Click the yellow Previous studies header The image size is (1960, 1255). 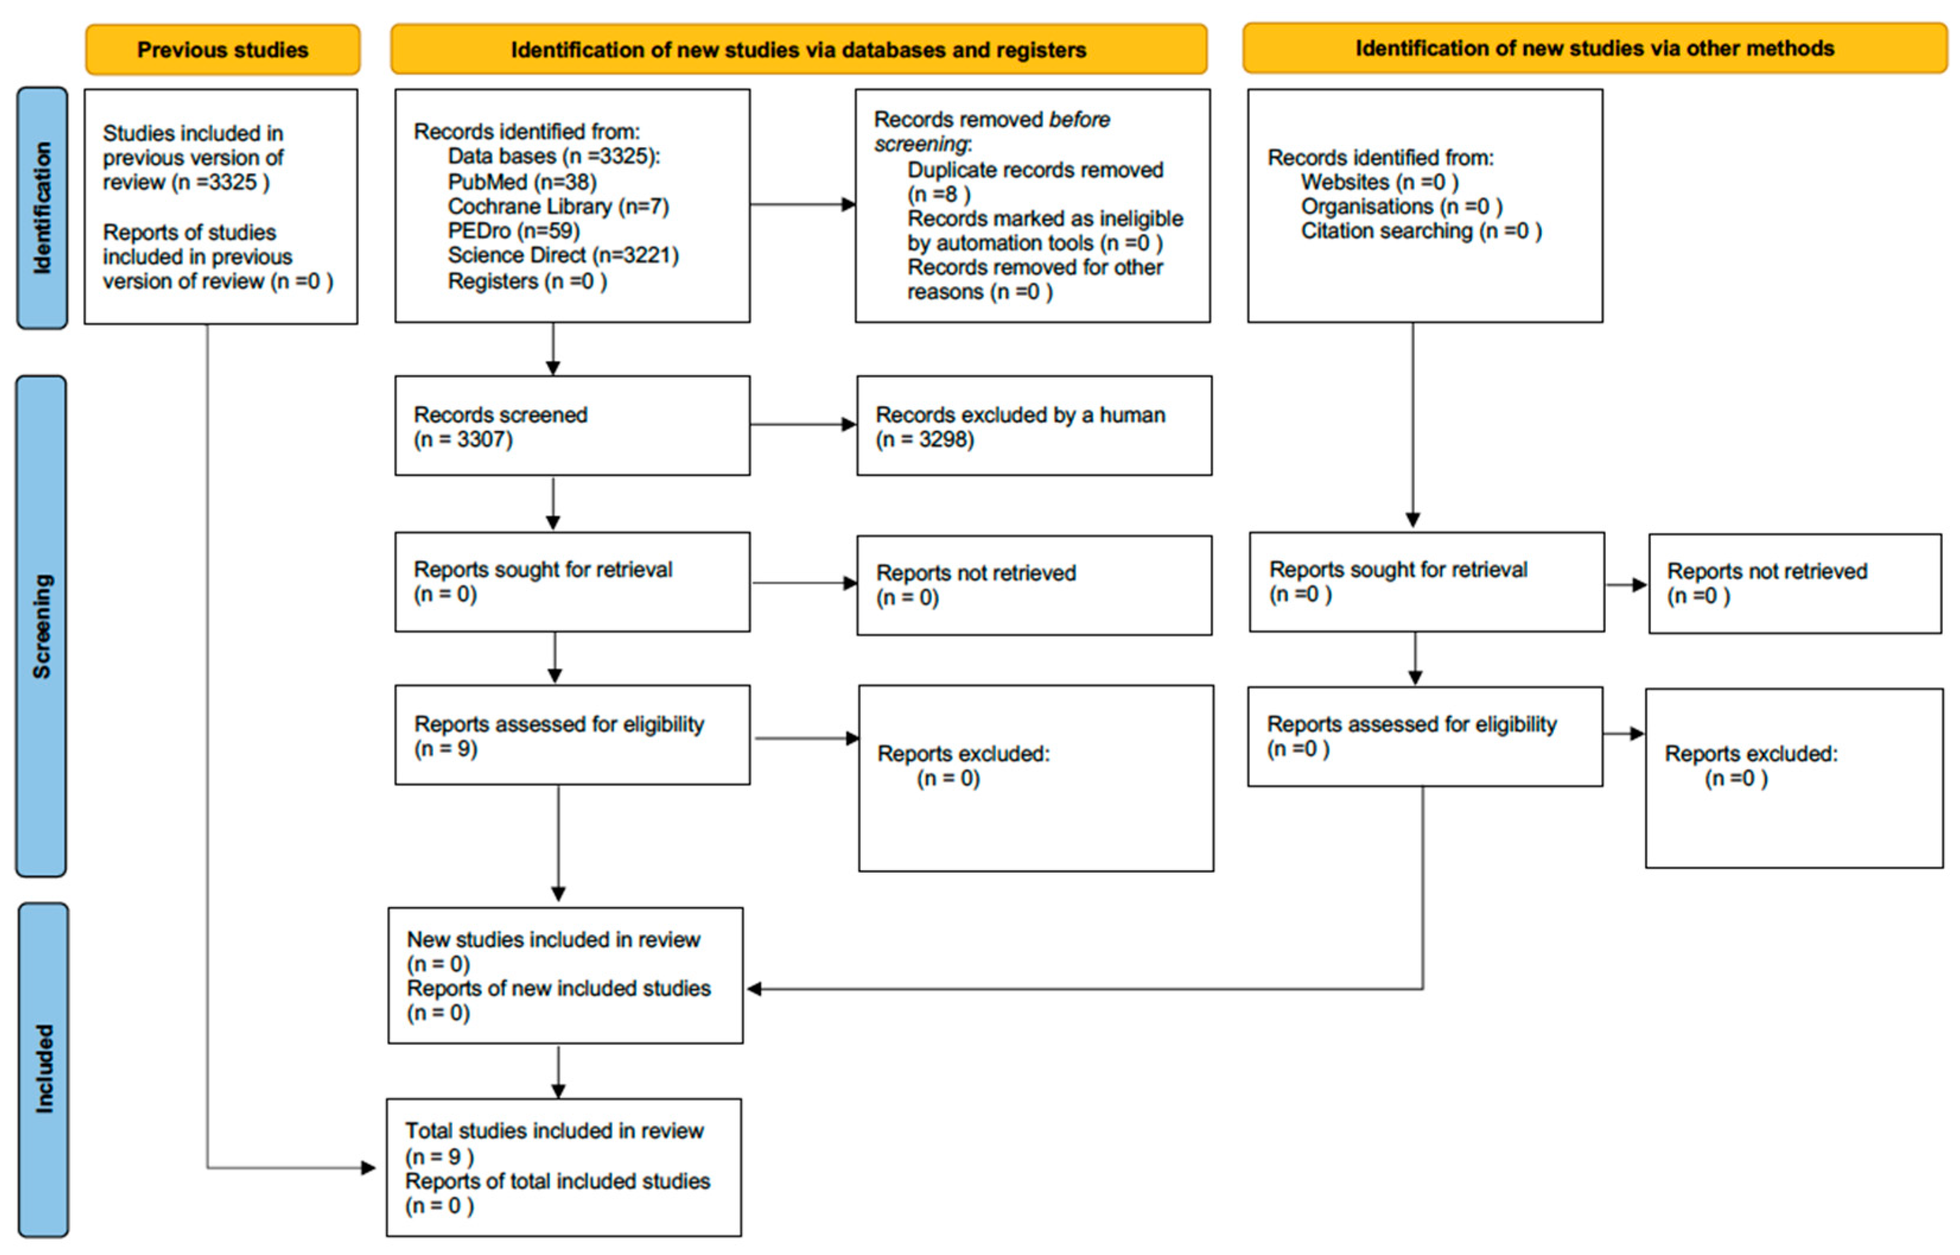222,50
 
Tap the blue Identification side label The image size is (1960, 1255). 42,208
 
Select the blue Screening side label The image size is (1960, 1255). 41,626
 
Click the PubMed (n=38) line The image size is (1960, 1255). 522,182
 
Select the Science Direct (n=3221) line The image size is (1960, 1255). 562,255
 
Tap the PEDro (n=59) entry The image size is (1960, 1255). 514,231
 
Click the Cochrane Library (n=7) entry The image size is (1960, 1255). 558,206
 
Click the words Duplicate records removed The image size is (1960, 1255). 1035,170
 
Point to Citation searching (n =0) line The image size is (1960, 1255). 1420,231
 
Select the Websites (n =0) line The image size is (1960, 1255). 1379,182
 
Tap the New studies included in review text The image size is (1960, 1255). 553,940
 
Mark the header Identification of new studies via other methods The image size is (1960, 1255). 1594,48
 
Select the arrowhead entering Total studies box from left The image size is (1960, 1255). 368,1168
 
